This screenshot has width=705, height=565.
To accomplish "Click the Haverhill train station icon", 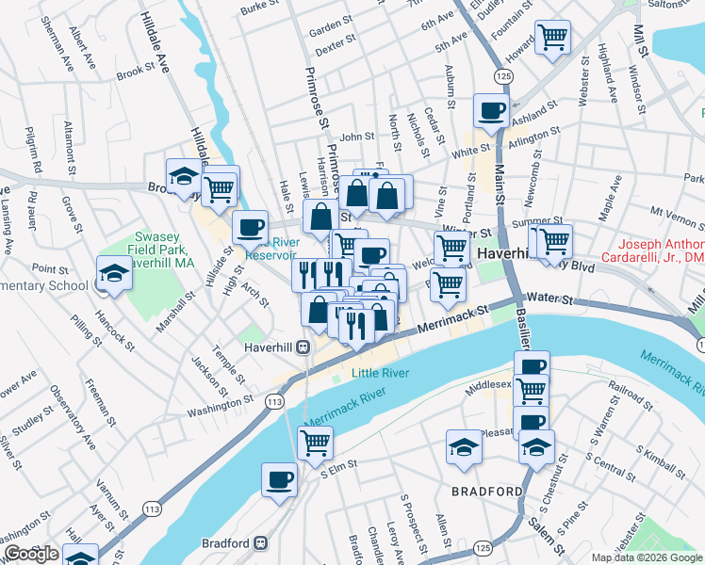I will (x=304, y=347).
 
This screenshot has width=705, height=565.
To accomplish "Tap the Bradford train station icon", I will (x=261, y=543).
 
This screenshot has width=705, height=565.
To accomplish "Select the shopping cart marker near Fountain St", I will (x=552, y=39).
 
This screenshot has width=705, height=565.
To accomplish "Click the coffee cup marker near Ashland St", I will (x=491, y=111).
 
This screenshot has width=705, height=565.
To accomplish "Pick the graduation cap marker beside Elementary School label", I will (x=114, y=274).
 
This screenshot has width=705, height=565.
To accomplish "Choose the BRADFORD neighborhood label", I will (x=486, y=492).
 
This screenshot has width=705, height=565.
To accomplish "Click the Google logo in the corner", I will (x=31, y=554).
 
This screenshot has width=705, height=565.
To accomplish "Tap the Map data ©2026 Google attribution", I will (x=646, y=557).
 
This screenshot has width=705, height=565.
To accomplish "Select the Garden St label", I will (x=331, y=32).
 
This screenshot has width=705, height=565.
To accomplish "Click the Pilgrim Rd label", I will (x=34, y=153).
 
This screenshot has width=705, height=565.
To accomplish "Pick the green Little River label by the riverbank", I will (x=380, y=373).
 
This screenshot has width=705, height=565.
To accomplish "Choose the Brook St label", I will (x=135, y=72).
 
